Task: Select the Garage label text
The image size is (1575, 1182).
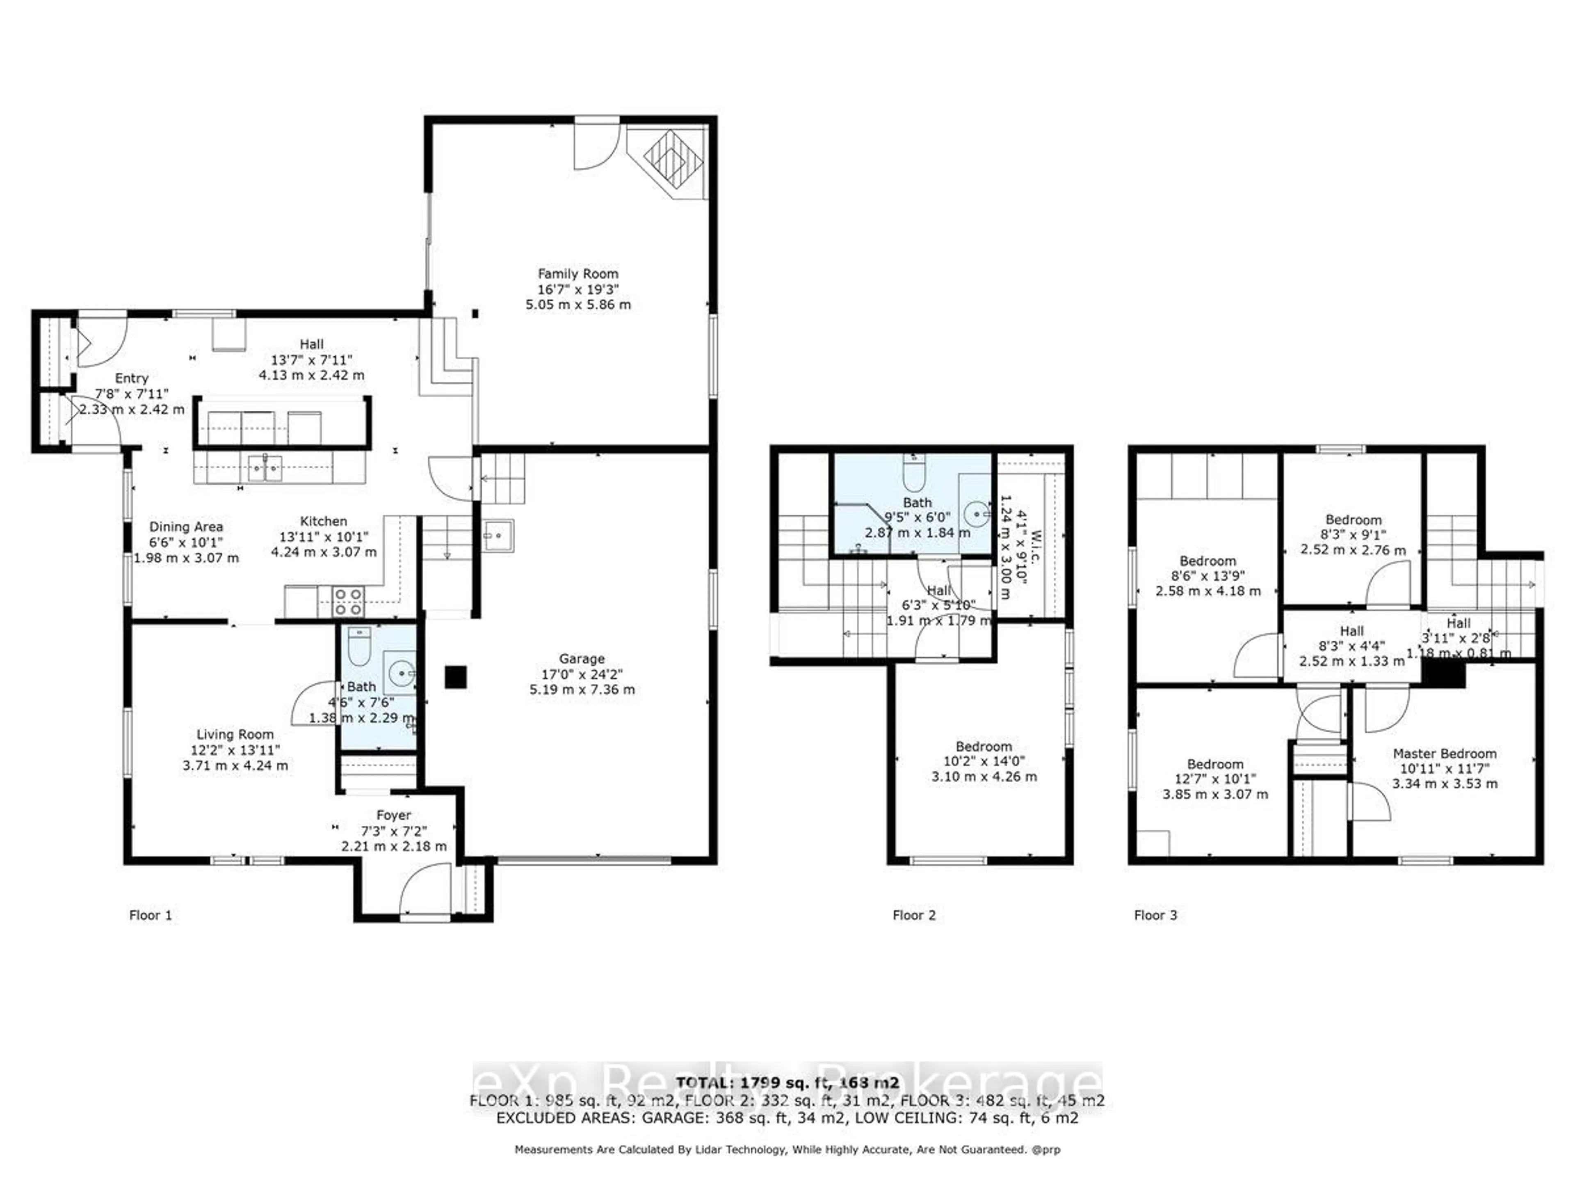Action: click(582, 659)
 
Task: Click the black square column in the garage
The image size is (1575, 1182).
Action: click(456, 677)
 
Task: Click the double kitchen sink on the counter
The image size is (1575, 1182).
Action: click(265, 468)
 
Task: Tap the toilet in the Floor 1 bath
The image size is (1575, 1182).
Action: click(360, 645)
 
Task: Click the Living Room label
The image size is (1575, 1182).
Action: click(235, 735)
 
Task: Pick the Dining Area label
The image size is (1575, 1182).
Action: click(186, 527)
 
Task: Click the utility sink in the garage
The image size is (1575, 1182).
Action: click(498, 535)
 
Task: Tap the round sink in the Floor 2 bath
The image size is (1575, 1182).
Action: click(978, 513)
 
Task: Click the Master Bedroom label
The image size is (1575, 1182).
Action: click(1445, 753)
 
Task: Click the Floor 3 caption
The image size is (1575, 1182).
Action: click(1155, 916)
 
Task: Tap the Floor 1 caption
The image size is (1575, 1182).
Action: click(150, 916)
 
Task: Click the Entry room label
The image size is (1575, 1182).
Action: click(131, 378)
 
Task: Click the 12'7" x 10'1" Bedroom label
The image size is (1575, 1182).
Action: click(1215, 764)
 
